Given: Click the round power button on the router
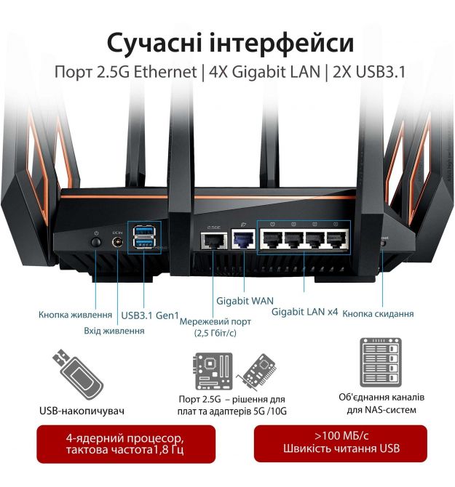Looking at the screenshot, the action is [x=96, y=242].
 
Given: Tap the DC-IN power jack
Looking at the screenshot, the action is [x=117, y=242].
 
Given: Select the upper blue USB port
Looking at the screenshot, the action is [x=144, y=231].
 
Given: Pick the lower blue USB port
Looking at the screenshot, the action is [x=144, y=243].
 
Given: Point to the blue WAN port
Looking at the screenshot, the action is [x=244, y=239].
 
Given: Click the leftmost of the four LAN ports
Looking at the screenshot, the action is [x=272, y=239].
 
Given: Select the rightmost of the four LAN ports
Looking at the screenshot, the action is [x=336, y=239].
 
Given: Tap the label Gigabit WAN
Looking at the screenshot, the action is [x=245, y=301].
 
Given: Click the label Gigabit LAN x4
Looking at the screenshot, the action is [x=304, y=312].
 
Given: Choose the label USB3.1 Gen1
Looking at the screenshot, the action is [x=150, y=315].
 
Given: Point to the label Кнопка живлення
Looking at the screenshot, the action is [x=75, y=315].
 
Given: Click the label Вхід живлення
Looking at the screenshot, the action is [x=114, y=331].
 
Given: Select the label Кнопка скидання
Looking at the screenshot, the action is [x=378, y=314].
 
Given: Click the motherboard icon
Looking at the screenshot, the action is [x=213, y=371].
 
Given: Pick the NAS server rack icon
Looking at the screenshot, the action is [x=381, y=363].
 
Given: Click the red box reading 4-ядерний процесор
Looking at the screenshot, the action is [x=126, y=444].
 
